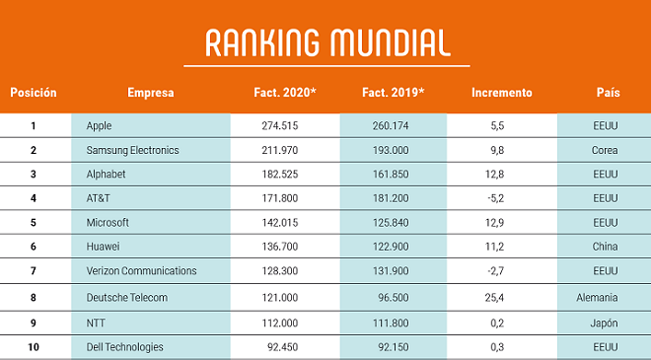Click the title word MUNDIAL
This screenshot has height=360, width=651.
(x=390, y=42)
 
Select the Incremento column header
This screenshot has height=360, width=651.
(x=501, y=92)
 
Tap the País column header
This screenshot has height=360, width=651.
(x=609, y=92)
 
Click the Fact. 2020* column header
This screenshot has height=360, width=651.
(x=285, y=92)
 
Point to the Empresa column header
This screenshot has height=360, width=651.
(x=151, y=93)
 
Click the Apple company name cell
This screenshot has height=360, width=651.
(x=99, y=126)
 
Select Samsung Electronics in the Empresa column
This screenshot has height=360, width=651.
(x=132, y=150)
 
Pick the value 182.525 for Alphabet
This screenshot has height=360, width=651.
(x=280, y=174)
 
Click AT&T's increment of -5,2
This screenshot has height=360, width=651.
(x=496, y=198)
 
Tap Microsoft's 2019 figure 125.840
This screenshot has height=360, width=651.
(x=391, y=223)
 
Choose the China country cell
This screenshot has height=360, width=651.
(x=605, y=247)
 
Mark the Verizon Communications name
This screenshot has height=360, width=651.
(x=141, y=270)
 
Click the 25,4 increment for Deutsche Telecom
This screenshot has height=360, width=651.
(x=494, y=297)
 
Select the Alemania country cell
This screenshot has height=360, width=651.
(x=597, y=297)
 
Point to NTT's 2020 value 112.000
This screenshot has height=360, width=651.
(x=280, y=323)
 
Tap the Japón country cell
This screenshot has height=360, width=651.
(x=604, y=324)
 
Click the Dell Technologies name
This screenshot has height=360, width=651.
(x=124, y=347)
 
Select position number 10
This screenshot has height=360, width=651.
(x=34, y=347)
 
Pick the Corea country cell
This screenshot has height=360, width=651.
(x=605, y=150)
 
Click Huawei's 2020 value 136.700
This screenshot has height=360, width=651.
(x=280, y=247)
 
